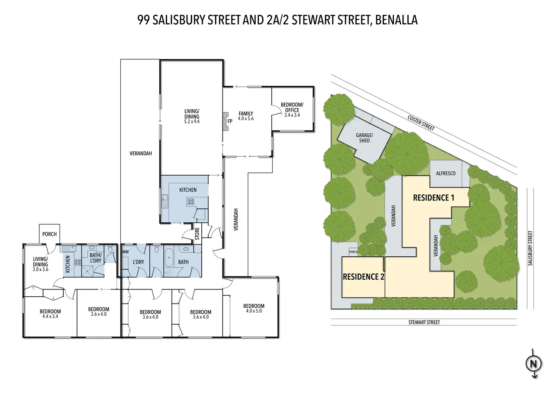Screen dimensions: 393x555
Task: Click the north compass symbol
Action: tap(534, 364)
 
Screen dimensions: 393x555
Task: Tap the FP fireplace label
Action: tap(230, 122)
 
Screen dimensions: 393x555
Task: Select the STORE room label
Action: tap(197, 234)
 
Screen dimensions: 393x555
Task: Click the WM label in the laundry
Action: tap(126, 251)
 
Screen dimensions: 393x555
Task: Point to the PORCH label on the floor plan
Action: tap(49, 234)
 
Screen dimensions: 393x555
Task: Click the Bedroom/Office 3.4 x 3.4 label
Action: tap(292, 110)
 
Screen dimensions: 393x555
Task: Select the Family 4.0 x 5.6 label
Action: tap(246, 116)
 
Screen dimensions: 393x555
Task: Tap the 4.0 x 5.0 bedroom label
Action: tap(254, 308)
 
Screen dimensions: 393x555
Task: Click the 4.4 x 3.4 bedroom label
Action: tap(50, 314)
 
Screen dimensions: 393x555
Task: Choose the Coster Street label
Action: tap(421, 123)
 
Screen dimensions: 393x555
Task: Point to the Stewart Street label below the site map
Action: tap(424, 322)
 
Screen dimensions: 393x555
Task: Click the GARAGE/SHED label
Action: tap(364, 138)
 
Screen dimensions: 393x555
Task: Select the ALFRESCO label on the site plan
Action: tap(445, 173)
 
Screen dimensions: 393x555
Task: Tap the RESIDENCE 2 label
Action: tap(363, 277)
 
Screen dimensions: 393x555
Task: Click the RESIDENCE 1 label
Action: tap(434, 198)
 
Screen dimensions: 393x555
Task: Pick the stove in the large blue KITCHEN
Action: tap(190, 202)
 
